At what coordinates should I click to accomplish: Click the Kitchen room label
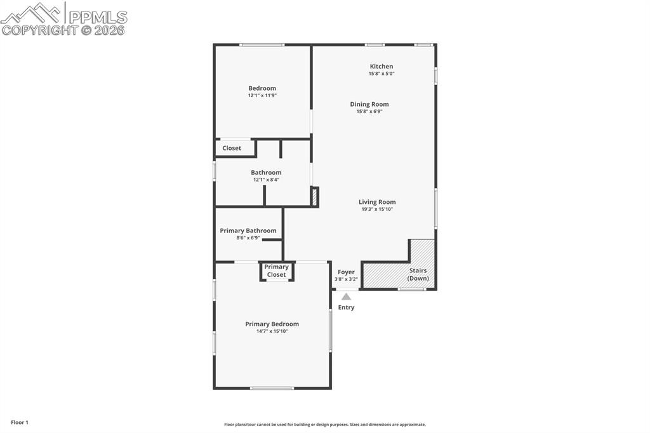tap(381, 66)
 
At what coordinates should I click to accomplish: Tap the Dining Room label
tap(369, 104)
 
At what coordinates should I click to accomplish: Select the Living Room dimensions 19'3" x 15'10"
tap(377, 209)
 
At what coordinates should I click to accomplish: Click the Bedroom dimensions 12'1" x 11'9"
tap(262, 95)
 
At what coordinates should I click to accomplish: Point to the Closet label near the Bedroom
tap(232, 148)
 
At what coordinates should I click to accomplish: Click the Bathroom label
tap(266, 172)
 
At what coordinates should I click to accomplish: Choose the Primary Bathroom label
tap(248, 230)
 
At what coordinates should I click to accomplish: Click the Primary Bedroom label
tap(272, 324)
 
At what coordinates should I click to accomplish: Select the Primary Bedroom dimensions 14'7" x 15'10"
tap(272, 331)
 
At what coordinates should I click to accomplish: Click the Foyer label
tap(346, 272)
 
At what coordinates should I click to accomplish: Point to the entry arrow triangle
tap(346, 296)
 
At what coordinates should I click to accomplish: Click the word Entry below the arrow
tap(346, 307)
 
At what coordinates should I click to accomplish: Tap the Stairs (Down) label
tap(418, 274)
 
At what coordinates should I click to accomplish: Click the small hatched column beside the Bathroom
tap(314, 196)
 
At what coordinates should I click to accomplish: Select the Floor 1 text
tap(20, 422)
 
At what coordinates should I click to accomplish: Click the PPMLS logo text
tap(97, 17)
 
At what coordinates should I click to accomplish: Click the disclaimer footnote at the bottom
tap(324, 425)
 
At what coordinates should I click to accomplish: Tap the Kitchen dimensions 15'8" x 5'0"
tap(381, 74)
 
